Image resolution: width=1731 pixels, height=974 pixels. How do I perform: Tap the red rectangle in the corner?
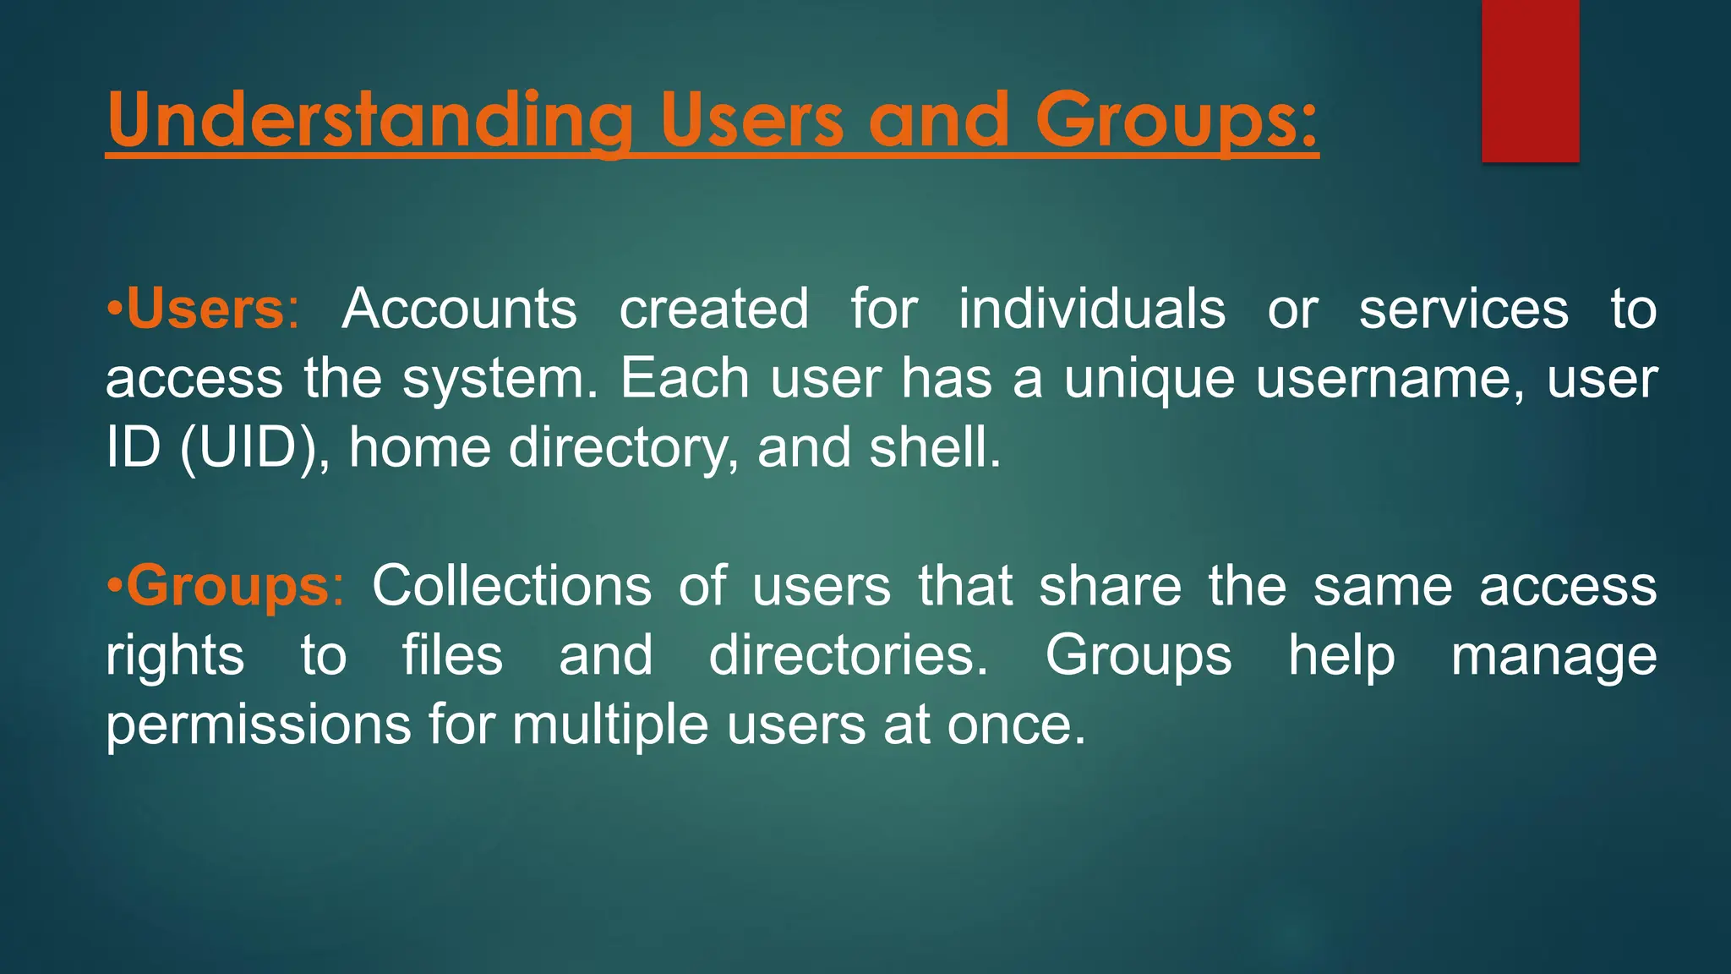[x=1530, y=80]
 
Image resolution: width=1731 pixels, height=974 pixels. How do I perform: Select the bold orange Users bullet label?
[x=205, y=309]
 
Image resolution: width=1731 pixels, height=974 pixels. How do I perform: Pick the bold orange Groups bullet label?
[x=227, y=586]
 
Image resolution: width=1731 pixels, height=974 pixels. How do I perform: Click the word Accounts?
[x=459, y=309]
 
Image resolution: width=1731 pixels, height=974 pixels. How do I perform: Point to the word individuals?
[x=1091, y=309]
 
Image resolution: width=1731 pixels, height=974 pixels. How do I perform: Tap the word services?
[x=1463, y=309]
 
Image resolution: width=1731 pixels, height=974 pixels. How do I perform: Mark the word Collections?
[x=511, y=586]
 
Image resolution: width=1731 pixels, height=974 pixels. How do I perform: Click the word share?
[x=1110, y=586]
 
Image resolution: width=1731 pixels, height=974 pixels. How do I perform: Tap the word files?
[x=452, y=655]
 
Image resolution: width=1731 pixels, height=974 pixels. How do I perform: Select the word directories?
[x=848, y=655]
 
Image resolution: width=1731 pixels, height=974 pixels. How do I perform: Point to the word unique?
[x=1149, y=380]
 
